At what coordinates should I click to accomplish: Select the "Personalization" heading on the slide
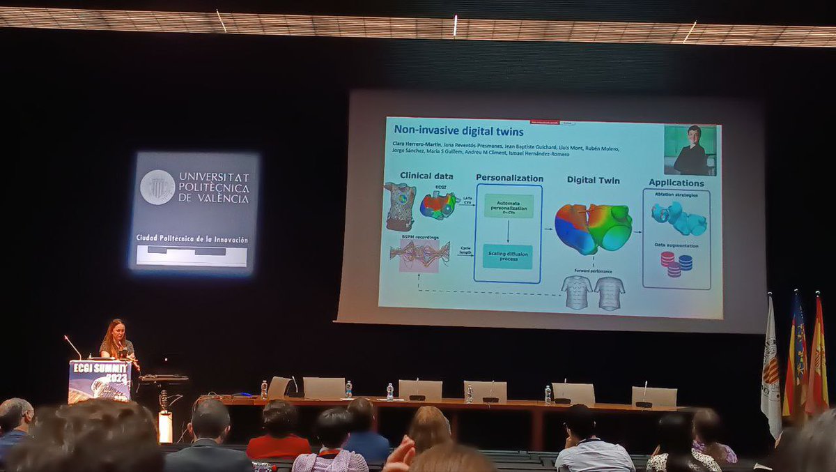(509, 177)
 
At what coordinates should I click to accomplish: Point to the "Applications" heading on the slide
(676, 183)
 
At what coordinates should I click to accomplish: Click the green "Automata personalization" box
(509, 206)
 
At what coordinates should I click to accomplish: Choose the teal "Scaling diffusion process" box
(508, 256)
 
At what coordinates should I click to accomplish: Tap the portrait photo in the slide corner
(690, 150)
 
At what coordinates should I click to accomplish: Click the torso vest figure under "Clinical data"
(401, 206)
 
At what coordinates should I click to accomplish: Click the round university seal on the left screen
(157, 187)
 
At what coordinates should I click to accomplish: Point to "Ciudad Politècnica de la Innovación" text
(192, 239)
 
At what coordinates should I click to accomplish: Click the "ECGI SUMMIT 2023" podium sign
(100, 381)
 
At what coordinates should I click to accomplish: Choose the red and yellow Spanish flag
(817, 359)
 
